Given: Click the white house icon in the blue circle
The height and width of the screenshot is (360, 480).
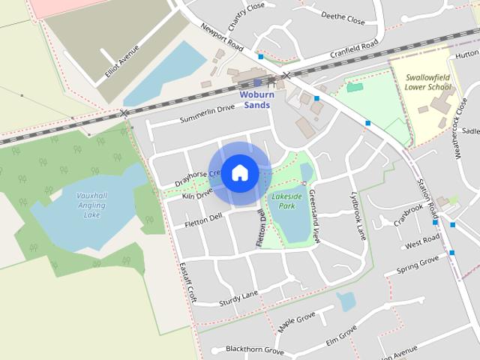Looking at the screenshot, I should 240,172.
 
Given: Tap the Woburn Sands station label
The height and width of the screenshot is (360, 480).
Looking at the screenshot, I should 256,100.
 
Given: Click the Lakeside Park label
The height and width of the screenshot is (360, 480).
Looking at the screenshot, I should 286,200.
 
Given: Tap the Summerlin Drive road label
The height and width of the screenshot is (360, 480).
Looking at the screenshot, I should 207,115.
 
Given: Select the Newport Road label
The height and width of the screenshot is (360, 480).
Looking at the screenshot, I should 221,37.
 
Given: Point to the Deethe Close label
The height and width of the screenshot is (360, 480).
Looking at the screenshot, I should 343,17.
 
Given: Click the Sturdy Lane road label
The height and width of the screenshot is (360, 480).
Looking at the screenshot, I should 238,298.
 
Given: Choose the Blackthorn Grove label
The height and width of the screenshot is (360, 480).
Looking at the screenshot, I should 255,350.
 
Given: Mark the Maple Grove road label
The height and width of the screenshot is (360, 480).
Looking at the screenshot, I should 296,323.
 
